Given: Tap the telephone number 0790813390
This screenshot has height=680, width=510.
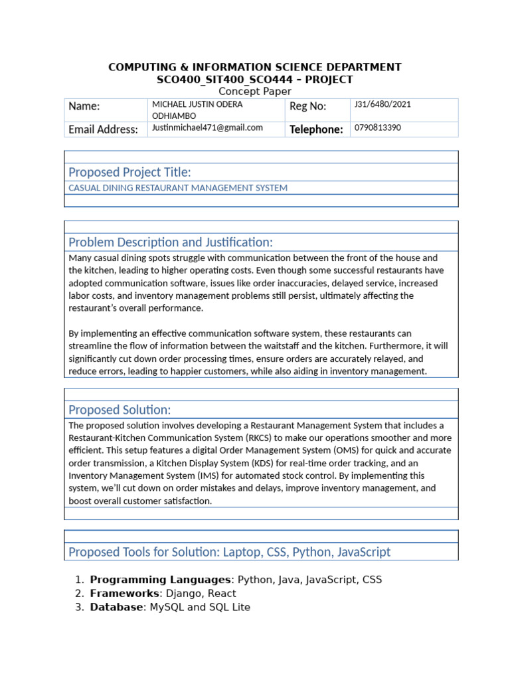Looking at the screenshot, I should pos(378,128).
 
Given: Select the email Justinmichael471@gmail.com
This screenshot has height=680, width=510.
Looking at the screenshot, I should pos(207,127).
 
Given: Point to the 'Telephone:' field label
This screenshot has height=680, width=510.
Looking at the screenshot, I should pos(316,129).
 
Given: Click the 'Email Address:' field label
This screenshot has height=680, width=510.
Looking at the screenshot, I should pos(104,129).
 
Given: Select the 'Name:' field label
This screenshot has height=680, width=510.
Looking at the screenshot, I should pos(84,106).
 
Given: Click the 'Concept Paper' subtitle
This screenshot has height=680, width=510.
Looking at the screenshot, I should pos(255,92).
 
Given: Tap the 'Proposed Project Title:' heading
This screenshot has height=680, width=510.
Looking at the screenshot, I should pos(130,173).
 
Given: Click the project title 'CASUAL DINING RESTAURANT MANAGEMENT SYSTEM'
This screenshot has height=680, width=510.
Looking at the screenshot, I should pos(178,188).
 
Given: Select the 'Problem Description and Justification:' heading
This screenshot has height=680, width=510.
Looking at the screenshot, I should pos(171,242).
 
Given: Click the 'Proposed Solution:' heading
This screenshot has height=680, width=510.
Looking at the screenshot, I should pos(120,410).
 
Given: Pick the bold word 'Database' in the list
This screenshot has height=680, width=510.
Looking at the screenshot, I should pos(116,607).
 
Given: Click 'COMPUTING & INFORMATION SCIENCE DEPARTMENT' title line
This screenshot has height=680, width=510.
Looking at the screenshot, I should pos(255,67).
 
